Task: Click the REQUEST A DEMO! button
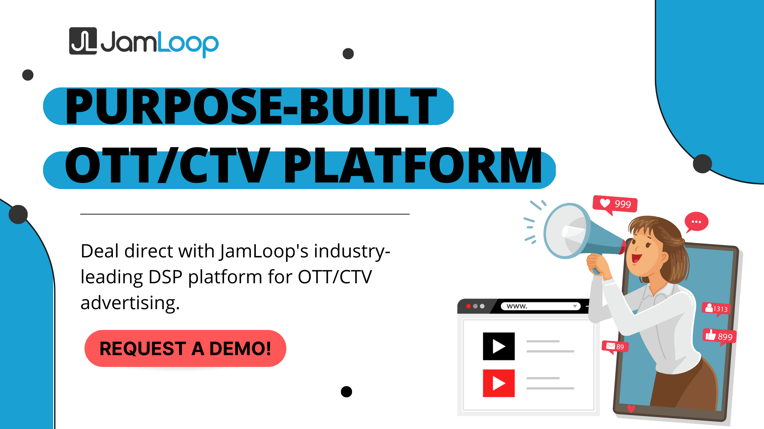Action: (185, 348)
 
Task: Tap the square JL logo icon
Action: (83, 41)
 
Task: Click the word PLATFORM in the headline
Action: (413, 165)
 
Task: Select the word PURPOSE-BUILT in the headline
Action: (251, 106)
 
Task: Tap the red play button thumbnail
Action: (499, 383)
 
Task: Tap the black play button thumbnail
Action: (499, 346)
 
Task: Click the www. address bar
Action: (541, 306)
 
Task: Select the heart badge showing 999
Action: (615, 204)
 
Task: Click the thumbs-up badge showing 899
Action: (720, 336)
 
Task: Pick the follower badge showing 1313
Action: (717, 309)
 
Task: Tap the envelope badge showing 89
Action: (615, 347)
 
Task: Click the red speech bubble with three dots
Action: (696, 222)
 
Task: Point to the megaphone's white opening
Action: (566, 231)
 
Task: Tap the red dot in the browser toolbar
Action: (469, 306)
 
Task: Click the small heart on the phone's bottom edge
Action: (631, 408)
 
